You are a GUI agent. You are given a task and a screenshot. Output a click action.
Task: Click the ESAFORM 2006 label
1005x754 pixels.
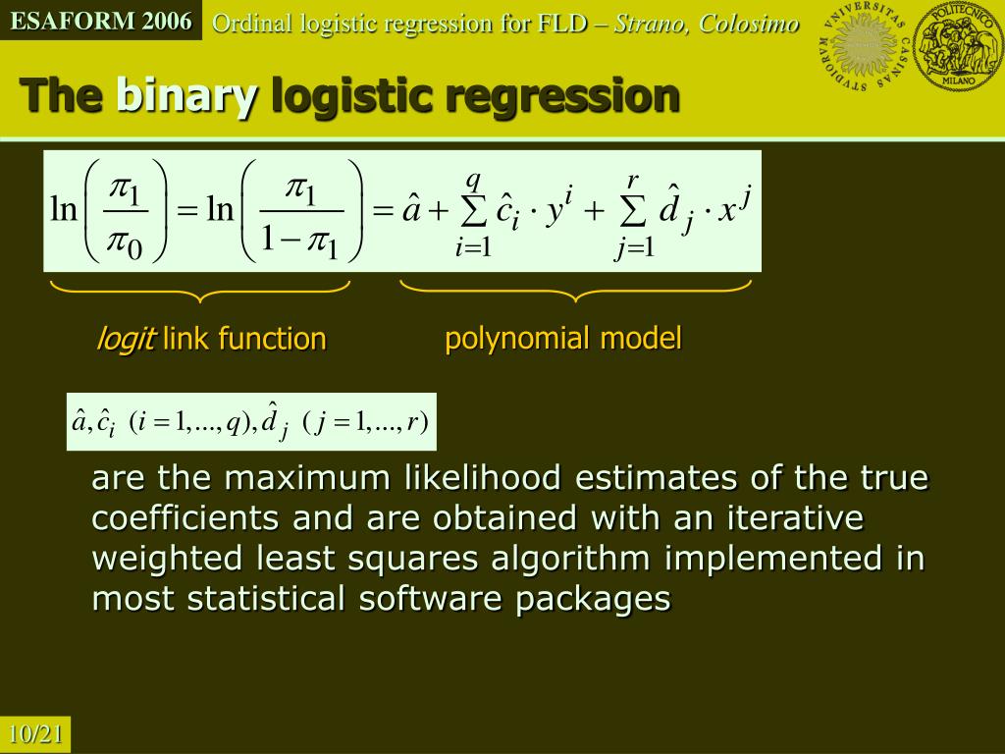click(x=101, y=21)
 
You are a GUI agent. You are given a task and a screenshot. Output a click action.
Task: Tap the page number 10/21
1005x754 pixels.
click(x=36, y=734)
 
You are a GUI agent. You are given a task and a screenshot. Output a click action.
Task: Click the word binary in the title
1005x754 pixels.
click(x=187, y=95)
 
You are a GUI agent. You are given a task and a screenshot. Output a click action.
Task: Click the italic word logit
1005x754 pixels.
click(x=125, y=339)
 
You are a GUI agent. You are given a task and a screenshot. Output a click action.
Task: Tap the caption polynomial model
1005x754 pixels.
click(x=562, y=339)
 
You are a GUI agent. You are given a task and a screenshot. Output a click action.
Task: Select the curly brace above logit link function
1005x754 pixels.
click(x=200, y=290)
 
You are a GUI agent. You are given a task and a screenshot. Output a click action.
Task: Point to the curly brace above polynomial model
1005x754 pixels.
click(x=575, y=290)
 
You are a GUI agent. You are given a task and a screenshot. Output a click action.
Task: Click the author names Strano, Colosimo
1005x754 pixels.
click(x=706, y=24)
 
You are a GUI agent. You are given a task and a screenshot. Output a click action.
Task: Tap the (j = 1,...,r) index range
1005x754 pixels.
click(x=363, y=423)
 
